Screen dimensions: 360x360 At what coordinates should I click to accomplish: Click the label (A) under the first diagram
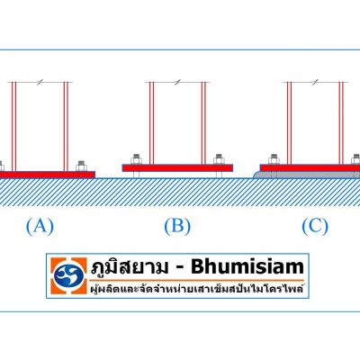click(40, 227)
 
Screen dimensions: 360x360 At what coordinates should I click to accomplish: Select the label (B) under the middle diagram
click(177, 227)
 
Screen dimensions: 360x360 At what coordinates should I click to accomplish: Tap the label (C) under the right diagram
click(315, 227)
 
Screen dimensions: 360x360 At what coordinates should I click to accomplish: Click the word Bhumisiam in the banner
click(247, 266)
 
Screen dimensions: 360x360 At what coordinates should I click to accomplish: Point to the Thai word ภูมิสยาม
click(130, 266)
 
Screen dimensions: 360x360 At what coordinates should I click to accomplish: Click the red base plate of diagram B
click(177, 168)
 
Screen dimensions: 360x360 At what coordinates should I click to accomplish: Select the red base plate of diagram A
click(48, 175)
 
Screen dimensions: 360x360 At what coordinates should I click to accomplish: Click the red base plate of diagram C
click(310, 167)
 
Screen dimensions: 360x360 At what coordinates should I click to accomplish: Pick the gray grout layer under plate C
click(307, 175)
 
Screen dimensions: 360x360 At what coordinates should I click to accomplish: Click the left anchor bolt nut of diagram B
click(136, 159)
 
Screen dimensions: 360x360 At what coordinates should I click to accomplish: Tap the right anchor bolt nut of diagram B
click(219, 159)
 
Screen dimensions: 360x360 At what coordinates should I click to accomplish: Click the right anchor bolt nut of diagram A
click(81, 166)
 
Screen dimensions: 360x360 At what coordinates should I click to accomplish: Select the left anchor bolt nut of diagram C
click(274, 159)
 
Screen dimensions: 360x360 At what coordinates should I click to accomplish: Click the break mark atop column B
click(178, 82)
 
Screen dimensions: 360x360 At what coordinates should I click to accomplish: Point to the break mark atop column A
click(40, 82)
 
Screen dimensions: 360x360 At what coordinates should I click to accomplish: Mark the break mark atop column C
click(315, 82)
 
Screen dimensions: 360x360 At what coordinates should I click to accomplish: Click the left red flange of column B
click(151, 123)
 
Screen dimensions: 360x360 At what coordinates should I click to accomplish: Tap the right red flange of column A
click(66, 127)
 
